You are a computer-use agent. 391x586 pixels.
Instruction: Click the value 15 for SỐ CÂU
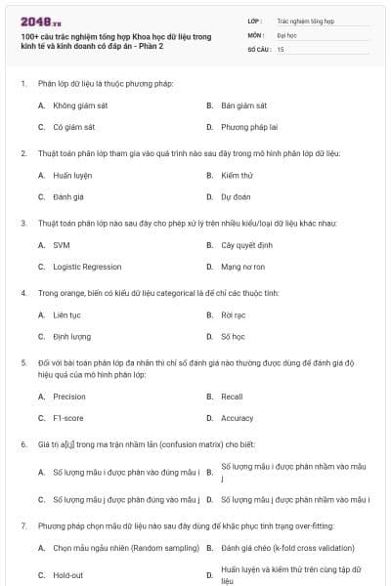coord(281,48)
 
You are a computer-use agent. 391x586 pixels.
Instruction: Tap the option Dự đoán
coord(236,196)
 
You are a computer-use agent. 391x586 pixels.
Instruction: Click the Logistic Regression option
coord(87,267)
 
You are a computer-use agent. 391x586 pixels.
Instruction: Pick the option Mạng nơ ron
coord(243,267)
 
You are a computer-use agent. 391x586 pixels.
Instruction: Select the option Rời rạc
coord(233,314)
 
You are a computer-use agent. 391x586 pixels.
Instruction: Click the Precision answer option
coord(68,397)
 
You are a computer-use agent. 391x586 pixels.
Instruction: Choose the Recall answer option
coord(232,397)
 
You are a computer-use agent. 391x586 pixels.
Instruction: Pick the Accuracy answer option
coord(237,418)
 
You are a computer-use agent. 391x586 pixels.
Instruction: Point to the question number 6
coord(22,444)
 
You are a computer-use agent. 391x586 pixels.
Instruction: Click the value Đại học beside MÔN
coord(286,34)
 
